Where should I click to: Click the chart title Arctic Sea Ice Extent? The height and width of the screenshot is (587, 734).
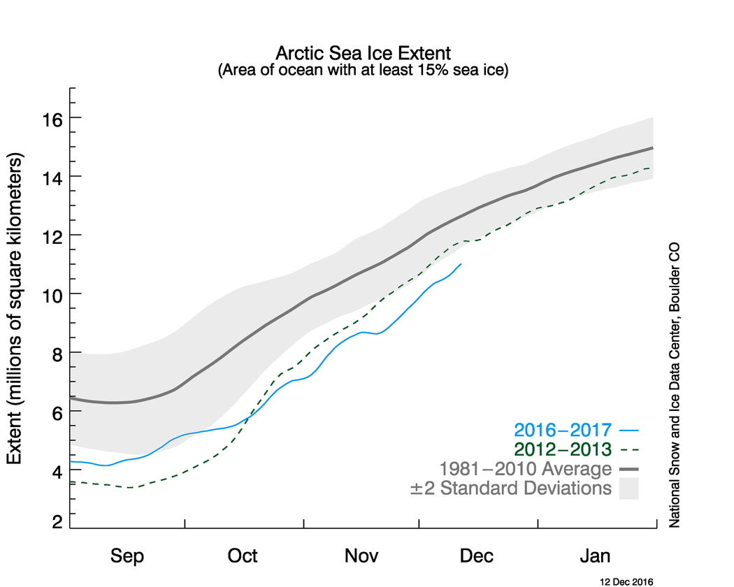[364, 53]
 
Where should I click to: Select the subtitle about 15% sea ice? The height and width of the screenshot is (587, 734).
[364, 70]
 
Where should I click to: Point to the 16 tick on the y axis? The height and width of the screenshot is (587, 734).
[52, 118]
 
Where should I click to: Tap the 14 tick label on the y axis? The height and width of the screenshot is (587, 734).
[52, 177]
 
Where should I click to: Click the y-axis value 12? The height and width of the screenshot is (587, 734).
[52, 235]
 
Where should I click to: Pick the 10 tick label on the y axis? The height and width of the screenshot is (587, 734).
[52, 294]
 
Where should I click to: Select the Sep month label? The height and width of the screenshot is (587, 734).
[128, 556]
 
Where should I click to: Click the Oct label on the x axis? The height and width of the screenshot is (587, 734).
[243, 556]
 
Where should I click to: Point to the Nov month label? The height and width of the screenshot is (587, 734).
[361, 556]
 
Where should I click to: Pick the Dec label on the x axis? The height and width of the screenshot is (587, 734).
[477, 556]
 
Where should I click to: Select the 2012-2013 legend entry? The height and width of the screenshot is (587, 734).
[562, 449]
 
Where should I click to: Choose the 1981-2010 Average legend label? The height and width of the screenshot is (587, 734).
[525, 468]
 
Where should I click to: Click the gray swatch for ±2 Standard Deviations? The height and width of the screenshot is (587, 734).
[629, 488]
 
